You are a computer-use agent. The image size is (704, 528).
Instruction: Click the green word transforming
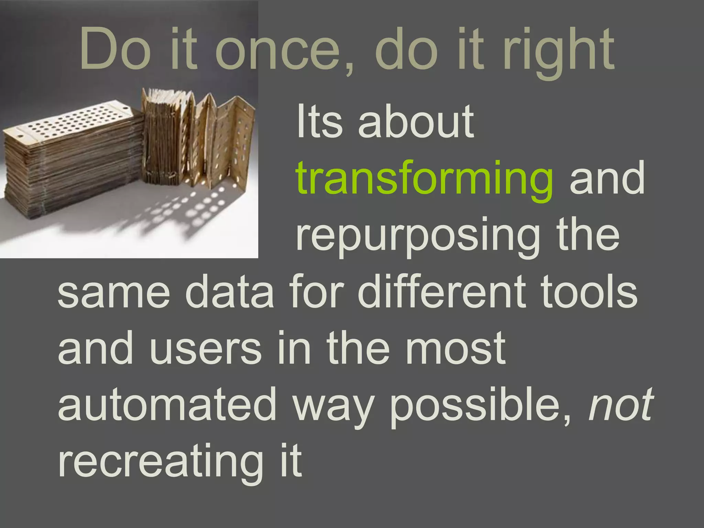(424, 180)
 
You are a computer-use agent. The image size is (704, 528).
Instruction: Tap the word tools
(589, 292)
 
